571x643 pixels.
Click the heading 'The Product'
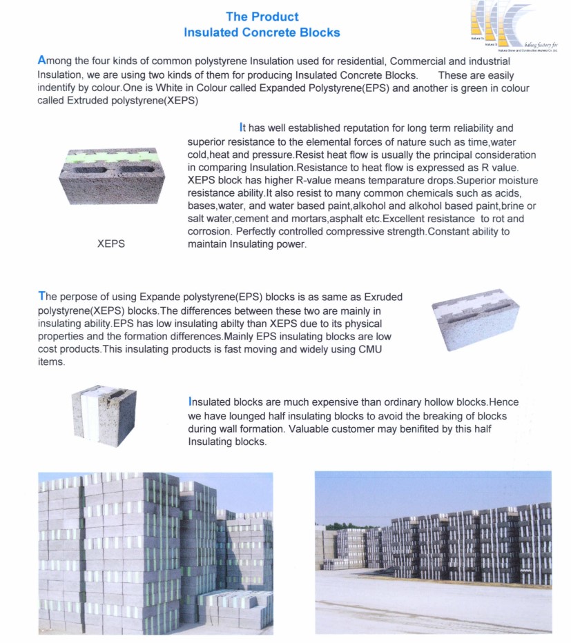point(262,17)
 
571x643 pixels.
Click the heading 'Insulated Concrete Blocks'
point(262,32)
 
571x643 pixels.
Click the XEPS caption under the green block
point(110,244)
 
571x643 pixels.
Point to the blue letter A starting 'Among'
point(42,61)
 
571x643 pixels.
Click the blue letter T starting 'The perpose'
point(41,297)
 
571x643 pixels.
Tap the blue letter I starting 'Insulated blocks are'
point(190,402)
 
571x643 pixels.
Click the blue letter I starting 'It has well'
point(241,128)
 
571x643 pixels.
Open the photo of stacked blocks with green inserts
point(155,552)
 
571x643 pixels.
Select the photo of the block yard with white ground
point(433,552)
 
